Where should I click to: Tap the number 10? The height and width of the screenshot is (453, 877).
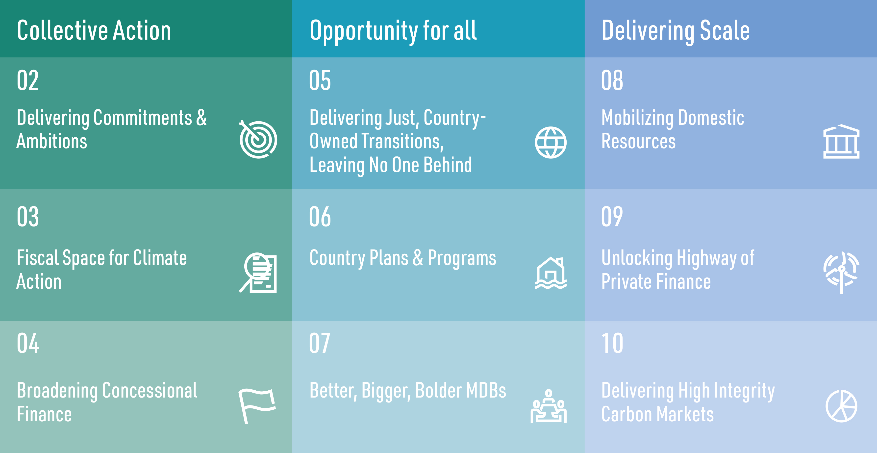612,343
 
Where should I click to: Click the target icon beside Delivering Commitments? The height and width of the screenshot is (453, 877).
258,139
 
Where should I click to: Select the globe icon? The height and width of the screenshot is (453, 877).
551,142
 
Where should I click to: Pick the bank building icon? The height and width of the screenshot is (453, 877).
841,141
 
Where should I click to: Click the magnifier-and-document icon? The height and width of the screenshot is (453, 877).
258,272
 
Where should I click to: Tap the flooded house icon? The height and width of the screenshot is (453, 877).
551,273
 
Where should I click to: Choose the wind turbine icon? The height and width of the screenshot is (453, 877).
841,272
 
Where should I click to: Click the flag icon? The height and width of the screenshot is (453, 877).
257,406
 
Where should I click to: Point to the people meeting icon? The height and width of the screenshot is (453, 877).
549,406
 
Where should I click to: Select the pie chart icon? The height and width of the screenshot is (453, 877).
841,406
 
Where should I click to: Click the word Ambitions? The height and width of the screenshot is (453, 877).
52,141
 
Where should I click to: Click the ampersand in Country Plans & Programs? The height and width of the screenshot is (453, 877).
418,258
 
